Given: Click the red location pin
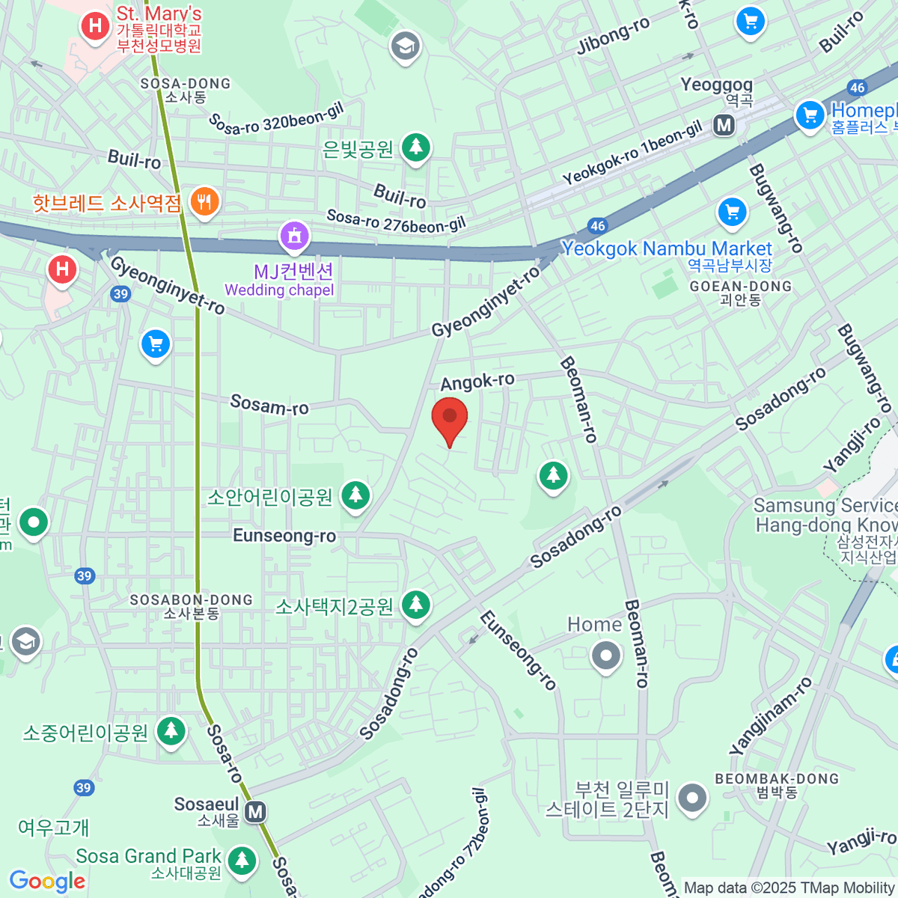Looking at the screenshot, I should (x=450, y=419).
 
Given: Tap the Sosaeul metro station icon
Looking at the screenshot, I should (x=256, y=812).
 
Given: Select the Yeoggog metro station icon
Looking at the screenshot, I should (x=724, y=125).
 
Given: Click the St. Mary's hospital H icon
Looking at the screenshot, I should (x=95, y=26).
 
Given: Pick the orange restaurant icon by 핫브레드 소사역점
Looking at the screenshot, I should (x=204, y=201).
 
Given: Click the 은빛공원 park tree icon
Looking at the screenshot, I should (x=416, y=147).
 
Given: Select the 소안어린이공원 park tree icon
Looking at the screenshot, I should (x=355, y=495).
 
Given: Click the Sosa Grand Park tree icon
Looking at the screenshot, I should (x=241, y=861).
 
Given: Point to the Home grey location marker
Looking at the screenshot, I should (x=606, y=656).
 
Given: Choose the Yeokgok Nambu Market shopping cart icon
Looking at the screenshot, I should (x=733, y=213).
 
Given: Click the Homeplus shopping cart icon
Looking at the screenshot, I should (x=810, y=115).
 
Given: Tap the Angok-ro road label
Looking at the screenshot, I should (x=477, y=382).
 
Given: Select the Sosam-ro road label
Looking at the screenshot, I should (x=269, y=405).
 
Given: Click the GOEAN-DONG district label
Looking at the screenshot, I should (x=740, y=287).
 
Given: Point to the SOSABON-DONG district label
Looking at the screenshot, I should (x=192, y=600).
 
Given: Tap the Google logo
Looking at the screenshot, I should (x=48, y=882).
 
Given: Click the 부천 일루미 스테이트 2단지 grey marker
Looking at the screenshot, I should (x=692, y=798).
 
